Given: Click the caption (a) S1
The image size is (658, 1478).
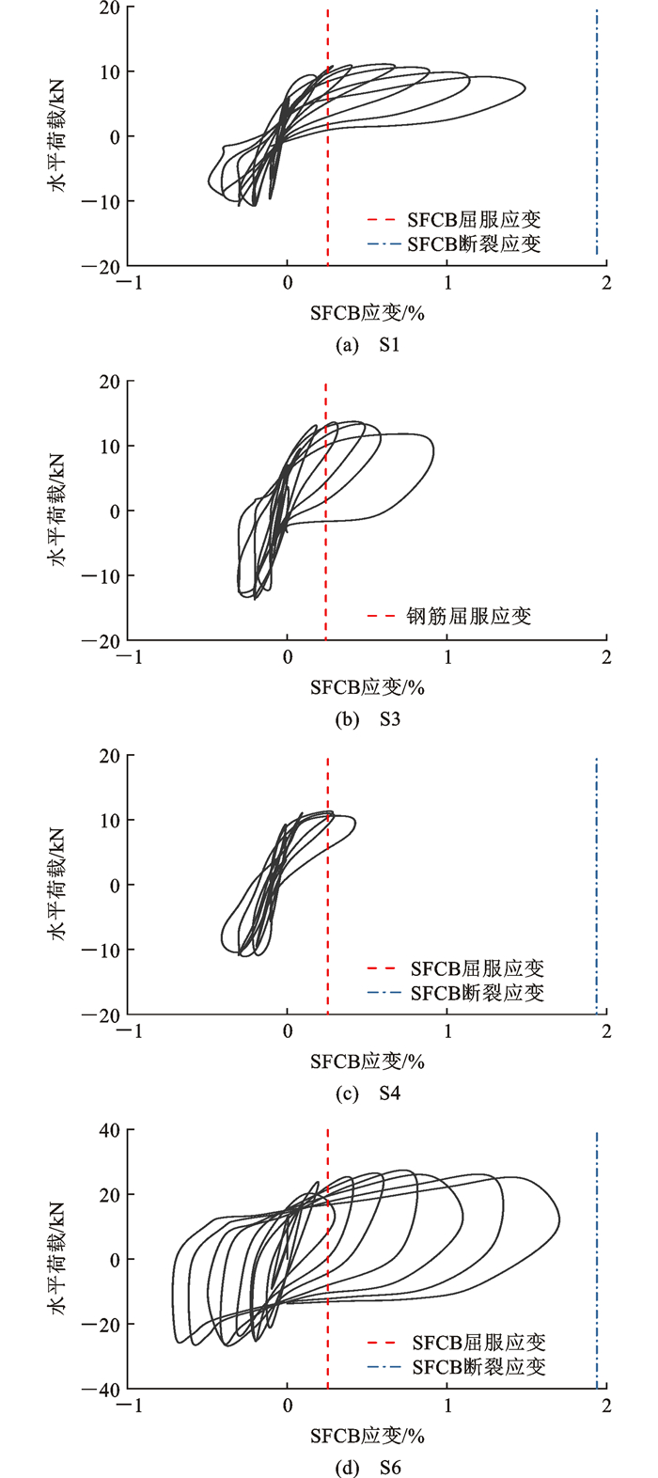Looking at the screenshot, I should [x=368, y=345].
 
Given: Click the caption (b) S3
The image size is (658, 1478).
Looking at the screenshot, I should [x=368, y=720].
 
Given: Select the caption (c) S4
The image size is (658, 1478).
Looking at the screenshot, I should [x=368, y=1093].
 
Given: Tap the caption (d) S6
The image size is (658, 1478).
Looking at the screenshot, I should [x=368, y=1468].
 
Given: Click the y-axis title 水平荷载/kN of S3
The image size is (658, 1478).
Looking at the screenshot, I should [x=58, y=511].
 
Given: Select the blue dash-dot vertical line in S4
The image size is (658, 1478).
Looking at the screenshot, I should [x=596, y=884].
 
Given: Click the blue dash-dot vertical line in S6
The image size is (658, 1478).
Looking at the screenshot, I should [x=596, y=1260].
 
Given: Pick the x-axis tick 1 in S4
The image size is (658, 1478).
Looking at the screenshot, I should [x=447, y=1031].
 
